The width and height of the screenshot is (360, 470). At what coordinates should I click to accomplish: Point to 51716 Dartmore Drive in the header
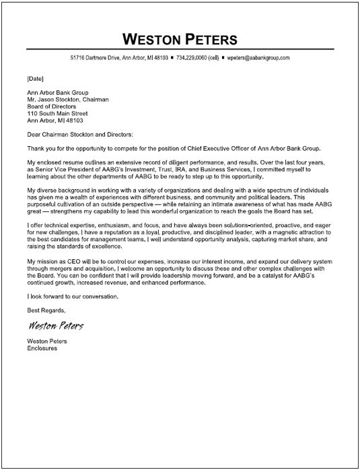click(x=97, y=59)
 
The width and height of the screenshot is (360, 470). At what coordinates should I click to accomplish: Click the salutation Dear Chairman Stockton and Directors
click(x=90, y=135)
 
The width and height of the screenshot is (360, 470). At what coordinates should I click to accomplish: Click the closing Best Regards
click(x=46, y=330)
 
